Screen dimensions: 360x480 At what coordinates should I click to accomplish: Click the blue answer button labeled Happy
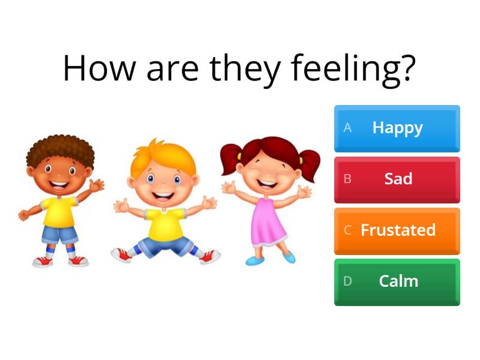(397, 128)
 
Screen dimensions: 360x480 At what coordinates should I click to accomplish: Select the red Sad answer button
(397, 179)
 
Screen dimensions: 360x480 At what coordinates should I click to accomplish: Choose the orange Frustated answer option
(397, 230)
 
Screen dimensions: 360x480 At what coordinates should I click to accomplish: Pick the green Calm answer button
(397, 281)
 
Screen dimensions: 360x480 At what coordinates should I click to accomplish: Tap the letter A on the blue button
(347, 128)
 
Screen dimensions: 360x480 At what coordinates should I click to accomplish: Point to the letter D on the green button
(347, 281)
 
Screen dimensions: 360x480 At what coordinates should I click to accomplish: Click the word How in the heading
(100, 68)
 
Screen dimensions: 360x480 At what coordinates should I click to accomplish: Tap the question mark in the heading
(407, 68)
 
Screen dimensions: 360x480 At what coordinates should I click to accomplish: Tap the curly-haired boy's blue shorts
(59, 233)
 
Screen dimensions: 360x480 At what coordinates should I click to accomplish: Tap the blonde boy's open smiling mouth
(163, 194)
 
